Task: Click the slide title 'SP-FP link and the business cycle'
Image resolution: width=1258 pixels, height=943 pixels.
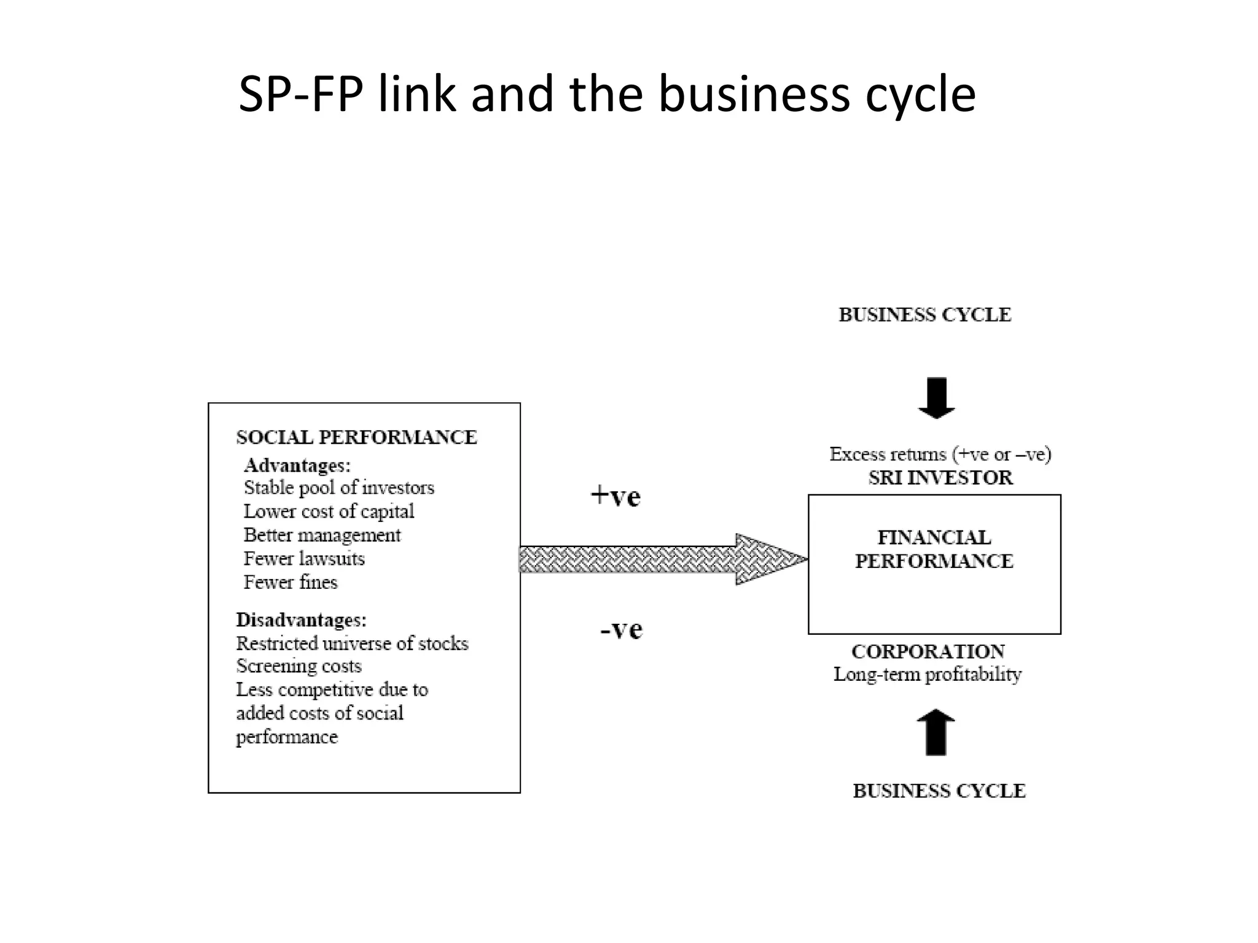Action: pyautogui.click(x=607, y=94)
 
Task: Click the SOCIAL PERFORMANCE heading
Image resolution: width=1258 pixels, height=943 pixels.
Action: pyautogui.click(x=356, y=437)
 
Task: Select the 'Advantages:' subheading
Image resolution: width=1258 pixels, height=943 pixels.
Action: pyautogui.click(x=297, y=465)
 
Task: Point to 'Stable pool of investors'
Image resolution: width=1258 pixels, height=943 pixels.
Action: pyautogui.click(x=339, y=487)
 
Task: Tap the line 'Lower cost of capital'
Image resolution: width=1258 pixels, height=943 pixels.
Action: pyautogui.click(x=329, y=511)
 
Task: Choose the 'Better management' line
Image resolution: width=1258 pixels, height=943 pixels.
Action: pyautogui.click(x=322, y=535)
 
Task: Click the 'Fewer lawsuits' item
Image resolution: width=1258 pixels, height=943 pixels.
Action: pyautogui.click(x=304, y=559)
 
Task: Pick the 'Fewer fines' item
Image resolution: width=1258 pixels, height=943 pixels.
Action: pyautogui.click(x=291, y=582)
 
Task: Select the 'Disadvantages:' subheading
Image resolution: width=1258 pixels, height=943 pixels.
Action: pyautogui.click(x=301, y=619)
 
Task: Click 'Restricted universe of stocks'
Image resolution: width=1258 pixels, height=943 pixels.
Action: pyautogui.click(x=352, y=643)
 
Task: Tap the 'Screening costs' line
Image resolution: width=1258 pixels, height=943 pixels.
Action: pyautogui.click(x=299, y=666)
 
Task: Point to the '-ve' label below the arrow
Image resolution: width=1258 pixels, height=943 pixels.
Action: pyautogui.click(x=621, y=629)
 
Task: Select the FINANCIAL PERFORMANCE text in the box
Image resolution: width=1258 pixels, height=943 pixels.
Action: pyautogui.click(x=934, y=549)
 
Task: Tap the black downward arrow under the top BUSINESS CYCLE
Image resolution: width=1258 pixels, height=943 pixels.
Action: pyautogui.click(x=936, y=398)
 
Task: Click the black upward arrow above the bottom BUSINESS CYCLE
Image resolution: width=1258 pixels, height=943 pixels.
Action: pyautogui.click(x=936, y=732)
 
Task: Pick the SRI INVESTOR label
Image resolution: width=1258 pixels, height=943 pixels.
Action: pyautogui.click(x=940, y=478)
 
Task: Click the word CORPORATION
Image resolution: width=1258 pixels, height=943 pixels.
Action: pyautogui.click(x=928, y=651)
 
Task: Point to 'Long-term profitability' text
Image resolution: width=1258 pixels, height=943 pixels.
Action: pyautogui.click(x=927, y=674)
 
